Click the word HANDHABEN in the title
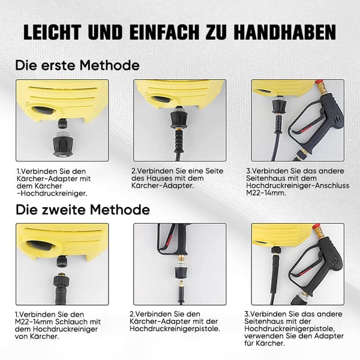284,32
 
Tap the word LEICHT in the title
53,32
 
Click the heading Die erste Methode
77,65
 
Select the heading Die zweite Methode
83,209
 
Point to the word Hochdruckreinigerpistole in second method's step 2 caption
175,329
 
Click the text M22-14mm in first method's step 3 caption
266,193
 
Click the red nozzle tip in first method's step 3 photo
319,83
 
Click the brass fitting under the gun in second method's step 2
182,259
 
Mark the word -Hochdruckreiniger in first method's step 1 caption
52,193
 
